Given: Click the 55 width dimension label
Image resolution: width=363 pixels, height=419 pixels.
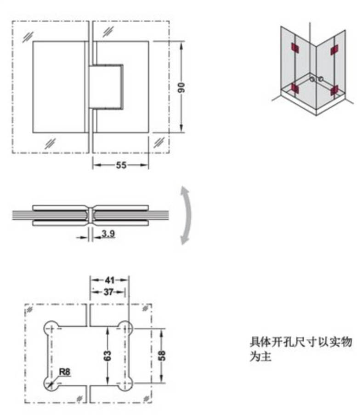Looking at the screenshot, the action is (x=121, y=165).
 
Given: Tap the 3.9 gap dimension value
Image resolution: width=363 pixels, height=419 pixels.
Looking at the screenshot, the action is (x=108, y=234).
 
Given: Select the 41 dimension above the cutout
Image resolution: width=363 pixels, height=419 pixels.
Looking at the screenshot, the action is (x=109, y=279).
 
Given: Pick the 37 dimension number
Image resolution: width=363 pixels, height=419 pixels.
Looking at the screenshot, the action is (x=108, y=291).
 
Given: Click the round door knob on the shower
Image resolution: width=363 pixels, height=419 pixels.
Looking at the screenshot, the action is (x=316, y=79).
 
